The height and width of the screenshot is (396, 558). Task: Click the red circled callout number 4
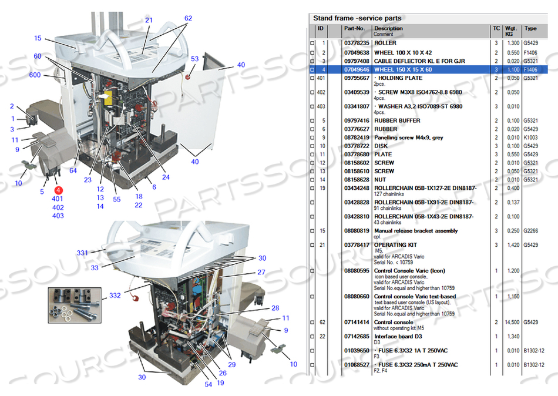58,190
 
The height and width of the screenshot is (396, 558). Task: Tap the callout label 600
35,75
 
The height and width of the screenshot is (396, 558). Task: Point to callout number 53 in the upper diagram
194,59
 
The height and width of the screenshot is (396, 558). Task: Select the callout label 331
82,253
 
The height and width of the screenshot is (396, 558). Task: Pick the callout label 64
73,171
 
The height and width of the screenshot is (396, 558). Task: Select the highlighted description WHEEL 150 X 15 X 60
403,69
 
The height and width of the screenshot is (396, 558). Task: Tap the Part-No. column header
354,28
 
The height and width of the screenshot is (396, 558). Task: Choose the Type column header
530,28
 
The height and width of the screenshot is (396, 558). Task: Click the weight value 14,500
513,322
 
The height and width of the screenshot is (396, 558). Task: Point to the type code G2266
530,231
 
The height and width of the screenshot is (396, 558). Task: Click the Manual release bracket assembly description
416,231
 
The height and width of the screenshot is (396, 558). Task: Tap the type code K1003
530,137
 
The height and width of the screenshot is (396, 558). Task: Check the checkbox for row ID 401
312,78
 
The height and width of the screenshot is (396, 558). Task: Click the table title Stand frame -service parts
357,18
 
